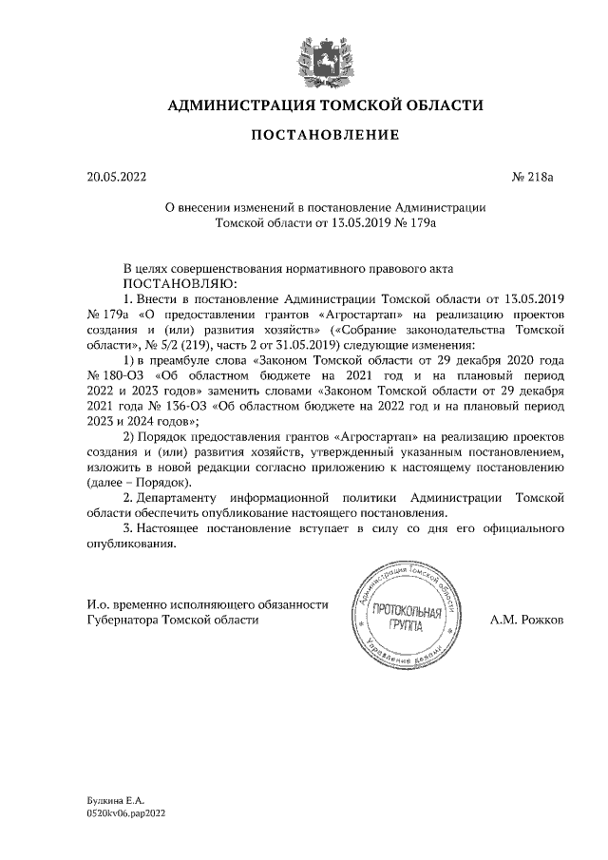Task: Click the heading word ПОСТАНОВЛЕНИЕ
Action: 325,136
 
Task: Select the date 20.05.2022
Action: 117,177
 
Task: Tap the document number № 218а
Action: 537,177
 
